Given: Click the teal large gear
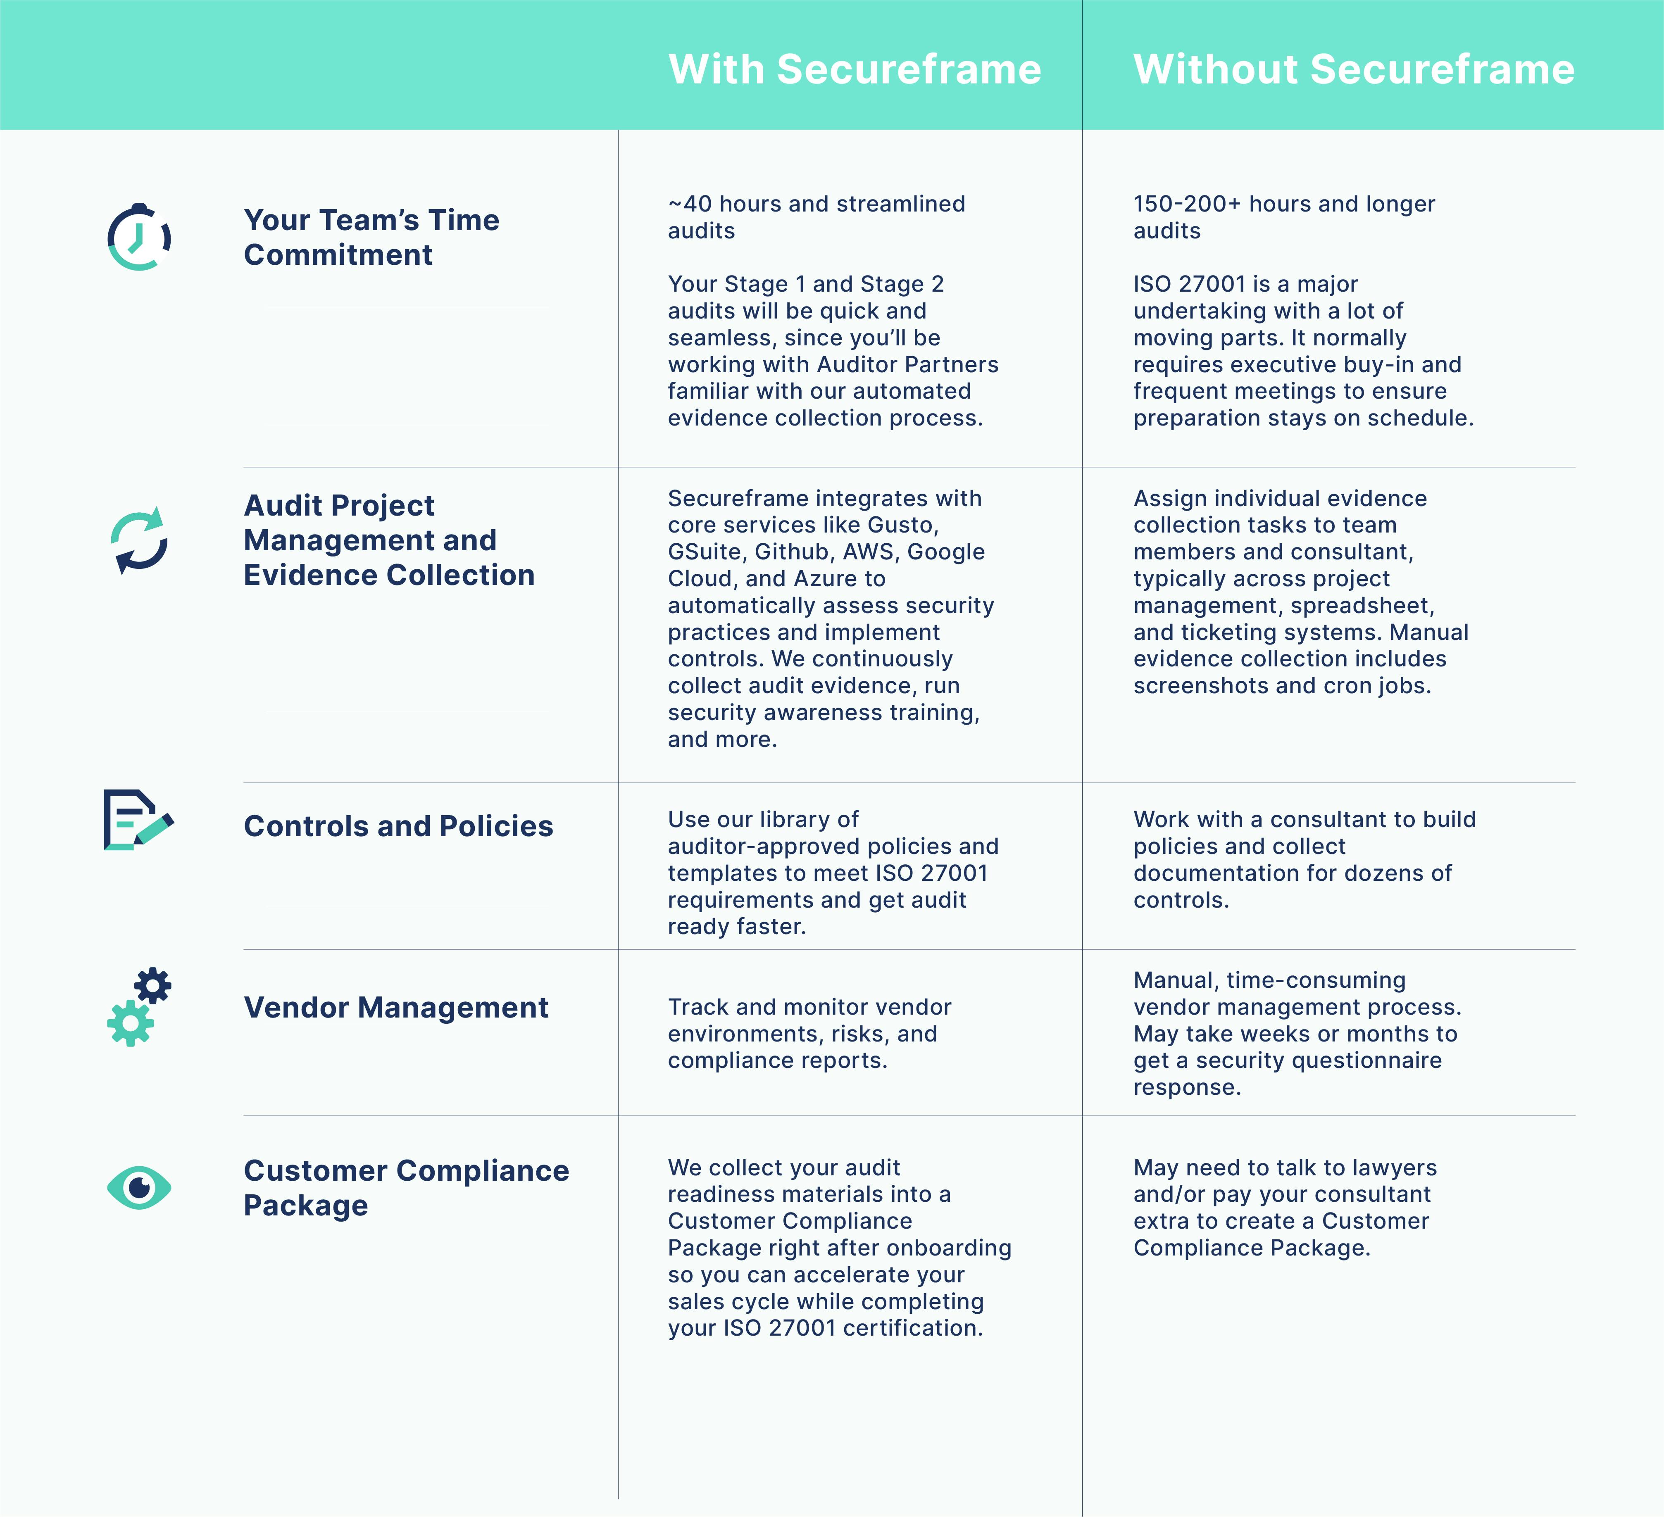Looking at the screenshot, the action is [x=131, y=1023].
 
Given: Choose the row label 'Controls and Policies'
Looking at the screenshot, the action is [x=398, y=826].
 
